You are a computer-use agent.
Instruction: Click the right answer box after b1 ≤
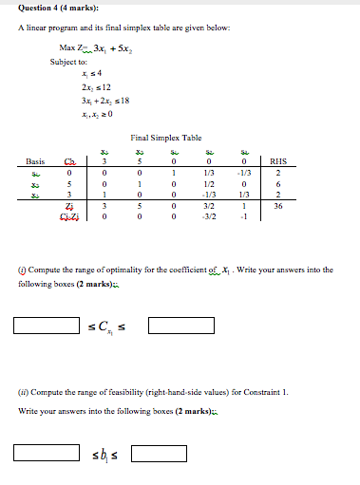161,454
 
